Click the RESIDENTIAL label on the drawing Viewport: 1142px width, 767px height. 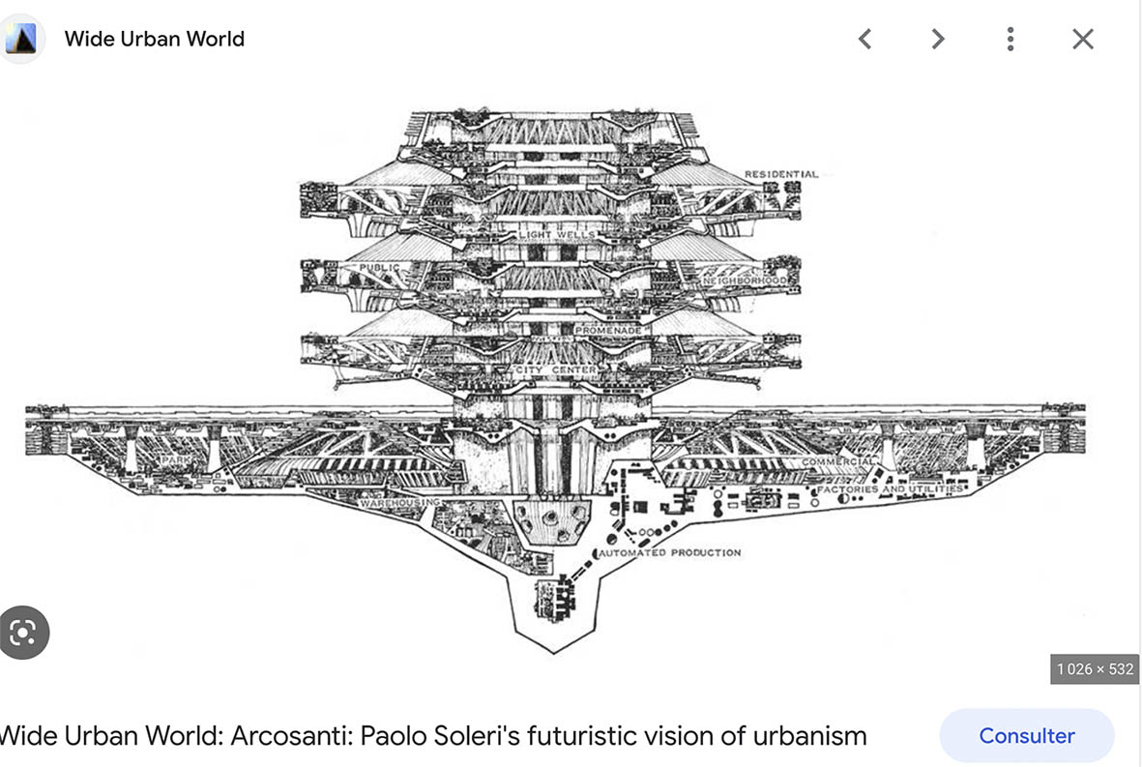[780, 175]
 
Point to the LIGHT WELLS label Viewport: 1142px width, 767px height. [557, 235]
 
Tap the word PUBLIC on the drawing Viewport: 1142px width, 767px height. [379, 268]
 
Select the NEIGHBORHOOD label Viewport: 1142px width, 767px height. [751, 280]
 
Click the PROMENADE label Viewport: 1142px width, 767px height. [608, 330]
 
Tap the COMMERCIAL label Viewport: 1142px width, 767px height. [837, 463]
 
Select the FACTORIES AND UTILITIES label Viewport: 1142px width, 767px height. [891, 489]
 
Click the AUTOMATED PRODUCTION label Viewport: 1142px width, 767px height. [671, 553]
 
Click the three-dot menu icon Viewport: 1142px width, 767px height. [1010, 39]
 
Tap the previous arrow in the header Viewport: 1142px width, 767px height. [865, 39]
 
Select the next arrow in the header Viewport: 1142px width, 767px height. [937, 39]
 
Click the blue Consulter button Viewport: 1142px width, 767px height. [1026, 735]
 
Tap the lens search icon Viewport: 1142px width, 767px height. [22, 633]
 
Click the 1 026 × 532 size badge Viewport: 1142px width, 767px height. [1095, 669]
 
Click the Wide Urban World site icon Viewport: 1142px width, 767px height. [20, 39]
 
